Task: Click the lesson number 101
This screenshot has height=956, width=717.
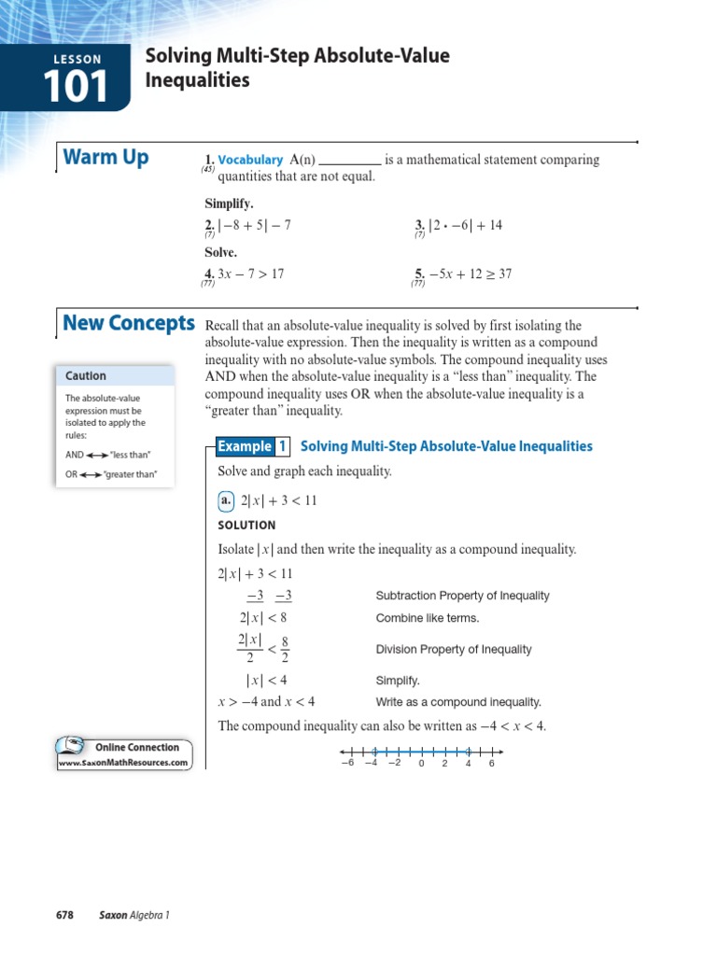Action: tap(76, 87)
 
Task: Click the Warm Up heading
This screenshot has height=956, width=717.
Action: tap(105, 158)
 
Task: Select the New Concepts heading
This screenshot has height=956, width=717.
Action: tap(129, 324)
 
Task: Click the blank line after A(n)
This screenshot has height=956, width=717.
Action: tap(350, 161)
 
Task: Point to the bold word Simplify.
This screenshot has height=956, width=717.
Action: tap(229, 204)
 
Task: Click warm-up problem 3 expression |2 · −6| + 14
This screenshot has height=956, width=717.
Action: tap(465, 225)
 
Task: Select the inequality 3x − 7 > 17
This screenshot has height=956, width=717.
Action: tap(250, 274)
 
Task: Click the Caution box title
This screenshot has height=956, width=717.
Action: tap(86, 376)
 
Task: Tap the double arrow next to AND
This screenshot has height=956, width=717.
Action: tap(98, 456)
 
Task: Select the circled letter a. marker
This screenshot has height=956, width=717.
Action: tap(226, 500)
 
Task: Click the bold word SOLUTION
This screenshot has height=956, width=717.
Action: tap(246, 526)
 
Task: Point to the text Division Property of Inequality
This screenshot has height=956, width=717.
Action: tap(454, 650)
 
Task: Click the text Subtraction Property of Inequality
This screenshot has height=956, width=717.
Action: tap(462, 596)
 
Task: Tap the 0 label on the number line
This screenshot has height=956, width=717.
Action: tap(421, 764)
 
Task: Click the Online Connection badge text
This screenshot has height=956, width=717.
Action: tap(136, 748)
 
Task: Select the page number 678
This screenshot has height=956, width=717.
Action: tap(64, 915)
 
